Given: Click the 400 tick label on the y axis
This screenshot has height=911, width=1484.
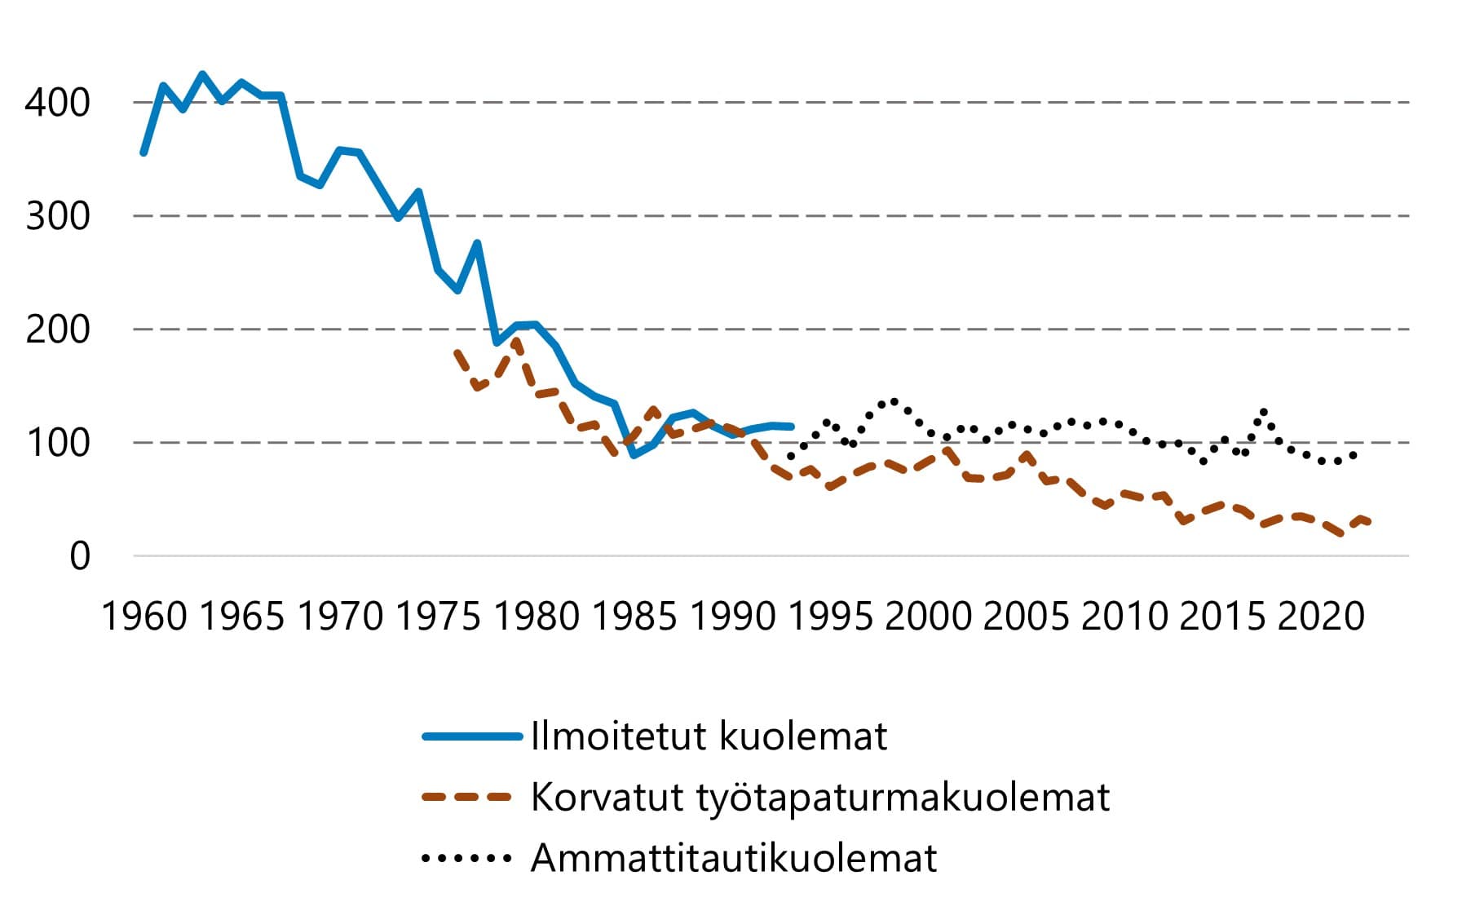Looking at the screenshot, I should pos(57,103).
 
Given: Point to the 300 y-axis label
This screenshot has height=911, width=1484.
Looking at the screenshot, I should pos(57,216).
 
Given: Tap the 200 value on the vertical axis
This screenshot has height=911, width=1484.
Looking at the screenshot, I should pos(57,329).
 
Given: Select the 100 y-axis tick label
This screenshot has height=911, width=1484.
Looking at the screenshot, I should pos(57,443).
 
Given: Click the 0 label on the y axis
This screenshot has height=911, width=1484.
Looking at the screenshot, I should pos(80,556).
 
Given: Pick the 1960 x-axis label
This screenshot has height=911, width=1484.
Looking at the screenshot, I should pos(144,616).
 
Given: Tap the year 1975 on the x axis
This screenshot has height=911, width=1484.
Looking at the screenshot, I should pos(439,616).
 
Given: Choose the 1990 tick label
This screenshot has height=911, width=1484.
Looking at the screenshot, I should pos(733,616).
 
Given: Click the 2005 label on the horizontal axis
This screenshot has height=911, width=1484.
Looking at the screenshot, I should pos(1027,616).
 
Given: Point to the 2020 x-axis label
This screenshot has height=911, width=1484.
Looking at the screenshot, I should pos(1321,616).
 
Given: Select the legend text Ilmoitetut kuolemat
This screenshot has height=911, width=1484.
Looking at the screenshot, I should pos(708,736).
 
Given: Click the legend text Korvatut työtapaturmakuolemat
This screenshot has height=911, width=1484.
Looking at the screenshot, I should pos(819,797).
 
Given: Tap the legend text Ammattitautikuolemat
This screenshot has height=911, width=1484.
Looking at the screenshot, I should pos(734,858).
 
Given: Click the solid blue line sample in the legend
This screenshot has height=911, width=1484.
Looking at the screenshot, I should pos(472,736).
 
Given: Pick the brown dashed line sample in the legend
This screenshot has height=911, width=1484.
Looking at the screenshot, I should pos(467,797).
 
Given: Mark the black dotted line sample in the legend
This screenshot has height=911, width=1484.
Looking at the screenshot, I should pos(467,858).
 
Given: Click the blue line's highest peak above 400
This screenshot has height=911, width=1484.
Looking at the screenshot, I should pos(202,74).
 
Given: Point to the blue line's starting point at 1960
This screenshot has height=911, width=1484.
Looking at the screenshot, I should pos(144,153).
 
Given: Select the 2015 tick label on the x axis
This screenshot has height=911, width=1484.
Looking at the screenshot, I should pos(1223,616).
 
